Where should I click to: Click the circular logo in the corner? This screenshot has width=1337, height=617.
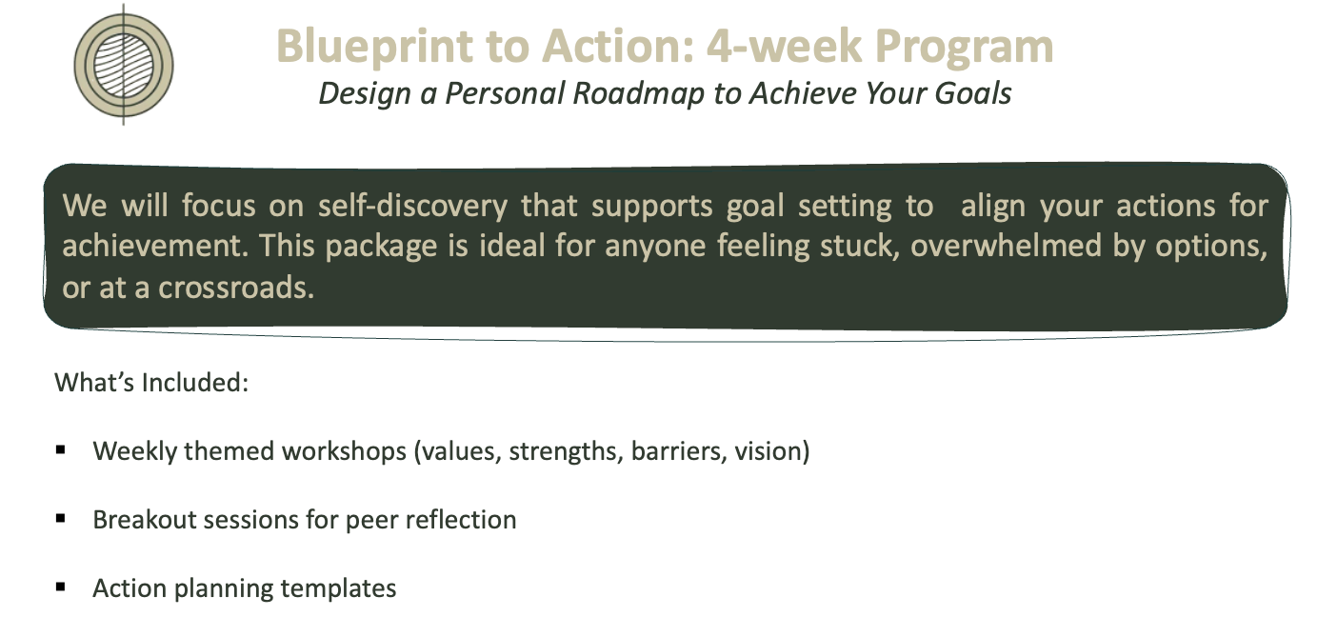coord(124,65)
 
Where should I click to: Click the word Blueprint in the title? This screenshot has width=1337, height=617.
coord(375,48)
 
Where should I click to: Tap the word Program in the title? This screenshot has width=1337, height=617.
coord(964,48)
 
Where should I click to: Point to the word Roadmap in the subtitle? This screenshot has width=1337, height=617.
coord(638,93)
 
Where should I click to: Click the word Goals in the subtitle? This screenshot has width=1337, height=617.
coord(973,93)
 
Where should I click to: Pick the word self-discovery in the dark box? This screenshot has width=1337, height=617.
coord(412,206)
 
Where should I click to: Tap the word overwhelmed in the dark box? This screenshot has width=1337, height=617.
coord(1006,246)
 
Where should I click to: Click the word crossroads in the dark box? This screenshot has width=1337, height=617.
coord(236,287)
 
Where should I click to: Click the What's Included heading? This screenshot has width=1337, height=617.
coord(151,383)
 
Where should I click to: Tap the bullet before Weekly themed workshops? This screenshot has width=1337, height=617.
coord(60,450)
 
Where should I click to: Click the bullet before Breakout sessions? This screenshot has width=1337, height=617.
coord(60,519)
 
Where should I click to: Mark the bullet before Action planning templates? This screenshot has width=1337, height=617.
coord(60,587)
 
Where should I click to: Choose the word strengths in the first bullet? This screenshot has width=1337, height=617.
coord(566,451)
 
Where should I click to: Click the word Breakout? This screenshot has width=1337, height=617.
coord(144,520)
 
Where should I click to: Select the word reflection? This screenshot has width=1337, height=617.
coord(461,520)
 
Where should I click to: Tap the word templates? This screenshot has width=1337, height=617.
coord(338,589)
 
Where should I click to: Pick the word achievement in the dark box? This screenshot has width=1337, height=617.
coord(155,246)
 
